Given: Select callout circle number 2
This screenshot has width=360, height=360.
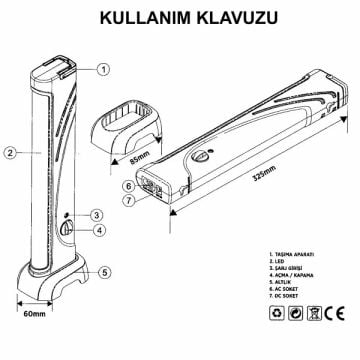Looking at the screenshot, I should pyautogui.click(x=9, y=153).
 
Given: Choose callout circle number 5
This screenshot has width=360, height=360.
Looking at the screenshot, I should pyautogui.click(x=104, y=272).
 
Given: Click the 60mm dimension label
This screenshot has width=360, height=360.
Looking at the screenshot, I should pyautogui.click(x=33, y=315).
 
